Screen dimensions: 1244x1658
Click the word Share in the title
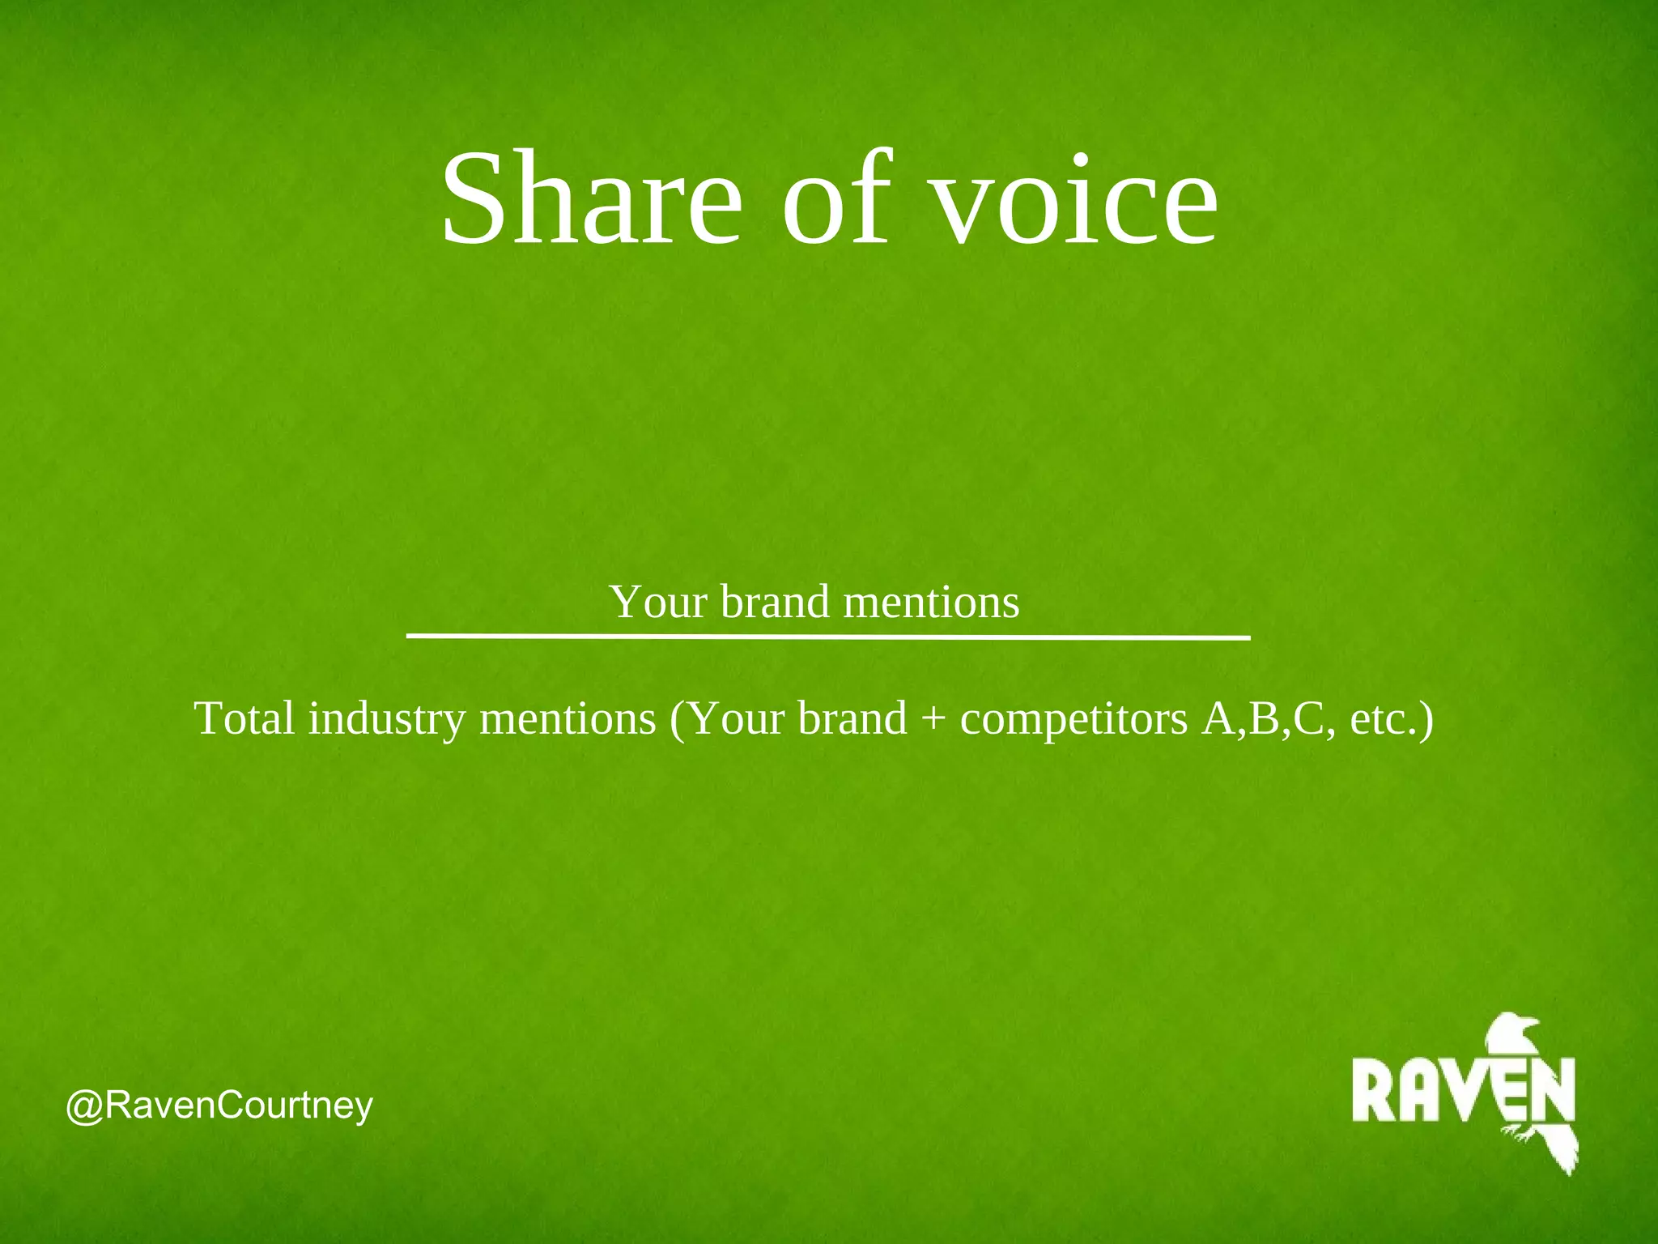click(592, 198)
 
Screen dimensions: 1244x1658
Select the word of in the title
click(837, 198)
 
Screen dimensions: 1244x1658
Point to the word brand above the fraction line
click(775, 602)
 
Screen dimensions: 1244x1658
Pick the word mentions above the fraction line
click(931, 602)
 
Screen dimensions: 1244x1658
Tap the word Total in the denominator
click(244, 718)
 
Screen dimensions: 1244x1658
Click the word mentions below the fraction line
click(568, 718)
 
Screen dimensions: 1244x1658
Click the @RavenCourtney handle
click(219, 1106)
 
